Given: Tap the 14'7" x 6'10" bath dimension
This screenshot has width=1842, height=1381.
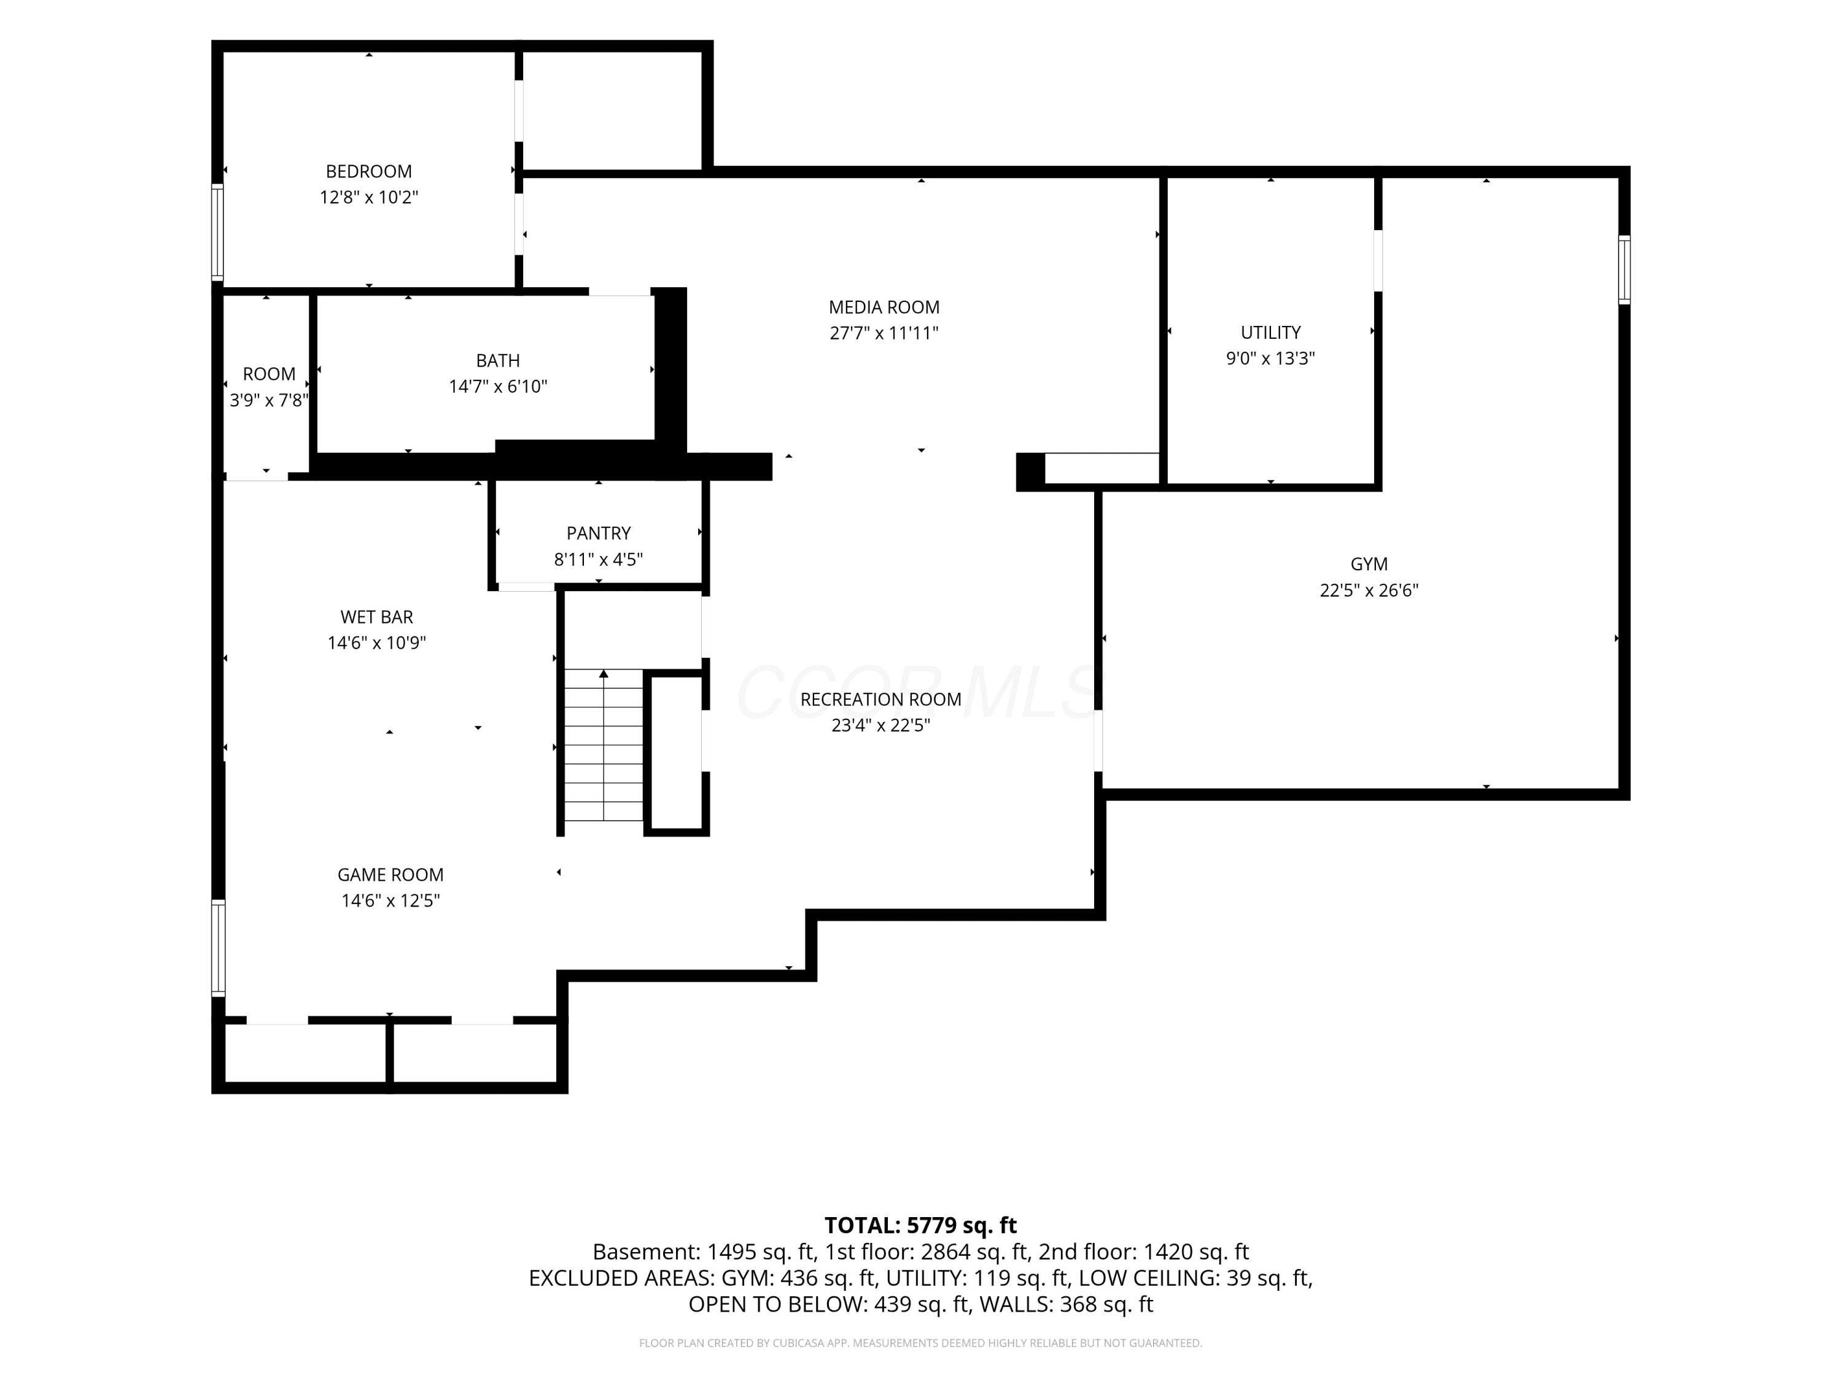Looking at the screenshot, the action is click(498, 386).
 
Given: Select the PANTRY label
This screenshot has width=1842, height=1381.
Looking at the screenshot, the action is click(599, 533).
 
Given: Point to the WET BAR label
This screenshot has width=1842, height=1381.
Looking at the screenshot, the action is click(376, 617).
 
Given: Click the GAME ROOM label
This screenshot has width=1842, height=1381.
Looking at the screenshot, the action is click(391, 875).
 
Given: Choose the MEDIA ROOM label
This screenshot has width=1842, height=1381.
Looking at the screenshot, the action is click(884, 307).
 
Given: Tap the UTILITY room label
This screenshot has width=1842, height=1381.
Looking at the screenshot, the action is click(1271, 332).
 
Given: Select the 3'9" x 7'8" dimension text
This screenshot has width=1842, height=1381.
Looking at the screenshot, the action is click(269, 400).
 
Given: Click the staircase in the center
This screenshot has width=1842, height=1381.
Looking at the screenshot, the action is click(604, 745).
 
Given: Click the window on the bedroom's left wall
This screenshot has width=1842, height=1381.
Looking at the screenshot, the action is click(217, 232).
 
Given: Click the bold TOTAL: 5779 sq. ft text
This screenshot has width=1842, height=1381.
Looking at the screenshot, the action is click(920, 1225).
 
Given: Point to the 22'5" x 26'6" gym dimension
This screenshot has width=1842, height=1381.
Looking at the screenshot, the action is click(1369, 590).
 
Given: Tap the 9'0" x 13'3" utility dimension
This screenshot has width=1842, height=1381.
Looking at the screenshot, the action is click(1271, 358).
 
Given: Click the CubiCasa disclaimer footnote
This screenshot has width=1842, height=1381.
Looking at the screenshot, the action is click(920, 1343).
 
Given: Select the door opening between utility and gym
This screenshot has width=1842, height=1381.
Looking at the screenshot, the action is click(1378, 261).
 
